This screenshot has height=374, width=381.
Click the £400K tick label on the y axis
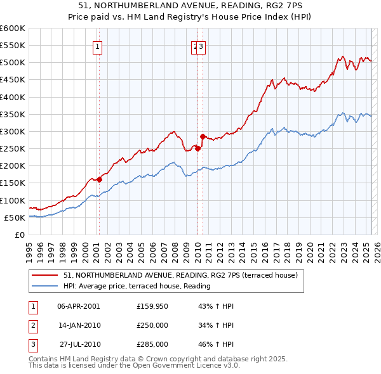pos(13,97)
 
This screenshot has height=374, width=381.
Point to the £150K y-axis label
pos(13,183)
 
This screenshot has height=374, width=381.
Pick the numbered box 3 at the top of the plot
pos(201,46)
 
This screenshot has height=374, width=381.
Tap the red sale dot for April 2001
pos(99,180)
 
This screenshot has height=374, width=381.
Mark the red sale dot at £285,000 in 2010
pos(203,136)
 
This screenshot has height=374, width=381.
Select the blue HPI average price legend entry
pos(137,286)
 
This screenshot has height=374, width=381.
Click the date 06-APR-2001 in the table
pos(78,306)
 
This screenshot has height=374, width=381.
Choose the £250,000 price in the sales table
pos(152,325)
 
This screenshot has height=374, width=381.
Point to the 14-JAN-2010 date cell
pos(78,325)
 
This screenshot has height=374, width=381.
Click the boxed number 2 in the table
pos(32,325)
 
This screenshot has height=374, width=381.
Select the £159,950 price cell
pos(152,306)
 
